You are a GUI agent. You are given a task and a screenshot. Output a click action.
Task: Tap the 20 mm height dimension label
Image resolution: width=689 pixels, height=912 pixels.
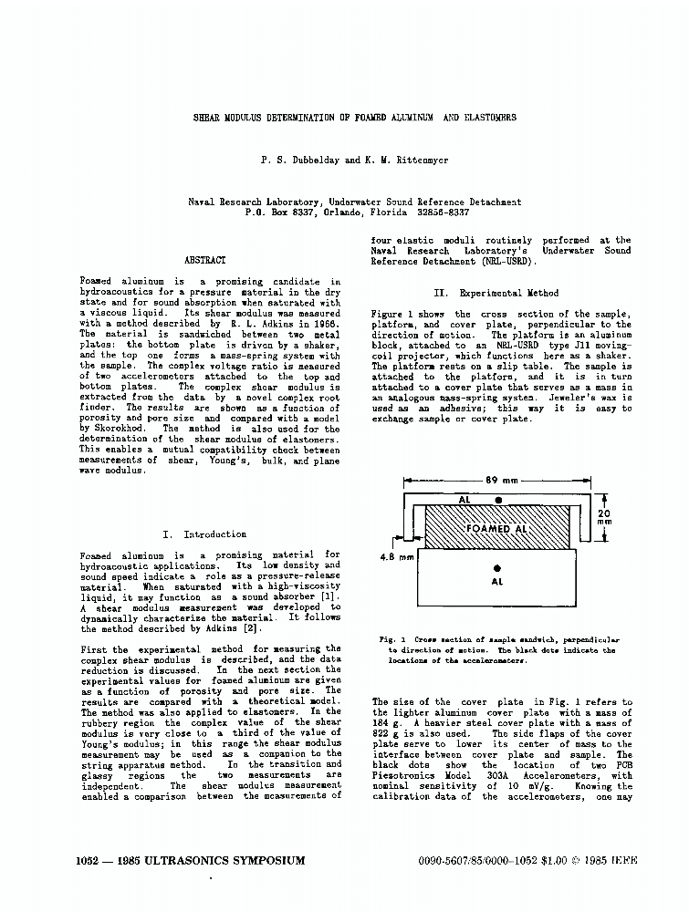[x=604, y=518]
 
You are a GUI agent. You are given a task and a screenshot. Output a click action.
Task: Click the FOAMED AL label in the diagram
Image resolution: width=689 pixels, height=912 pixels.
[x=497, y=529]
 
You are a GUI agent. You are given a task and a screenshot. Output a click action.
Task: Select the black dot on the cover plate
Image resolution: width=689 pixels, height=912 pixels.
[x=498, y=500]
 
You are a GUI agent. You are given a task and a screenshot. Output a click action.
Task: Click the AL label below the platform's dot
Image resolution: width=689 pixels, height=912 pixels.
[x=497, y=581]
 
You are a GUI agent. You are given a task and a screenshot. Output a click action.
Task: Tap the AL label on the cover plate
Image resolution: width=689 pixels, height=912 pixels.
[x=465, y=500]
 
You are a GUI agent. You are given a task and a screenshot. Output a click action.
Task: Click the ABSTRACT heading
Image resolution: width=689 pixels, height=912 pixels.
[x=205, y=261]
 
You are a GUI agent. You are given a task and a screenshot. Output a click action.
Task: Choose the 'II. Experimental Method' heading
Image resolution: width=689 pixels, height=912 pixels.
[x=496, y=294]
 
